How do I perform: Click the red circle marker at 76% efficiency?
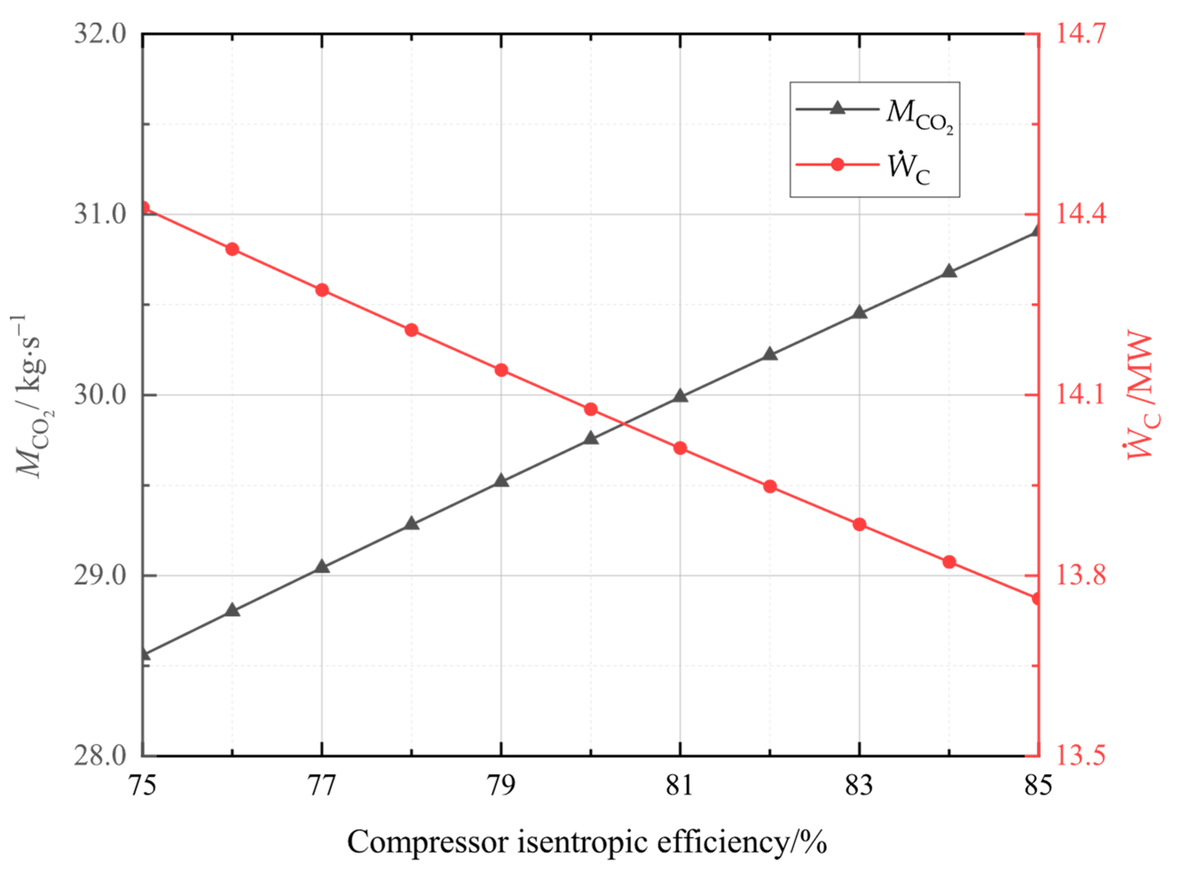click(232, 249)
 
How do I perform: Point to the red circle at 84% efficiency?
click(949, 562)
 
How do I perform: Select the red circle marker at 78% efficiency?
click(411, 330)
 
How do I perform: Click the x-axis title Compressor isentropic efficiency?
click(587, 842)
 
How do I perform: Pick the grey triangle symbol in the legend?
click(837, 109)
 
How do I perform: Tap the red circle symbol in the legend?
click(837, 165)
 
